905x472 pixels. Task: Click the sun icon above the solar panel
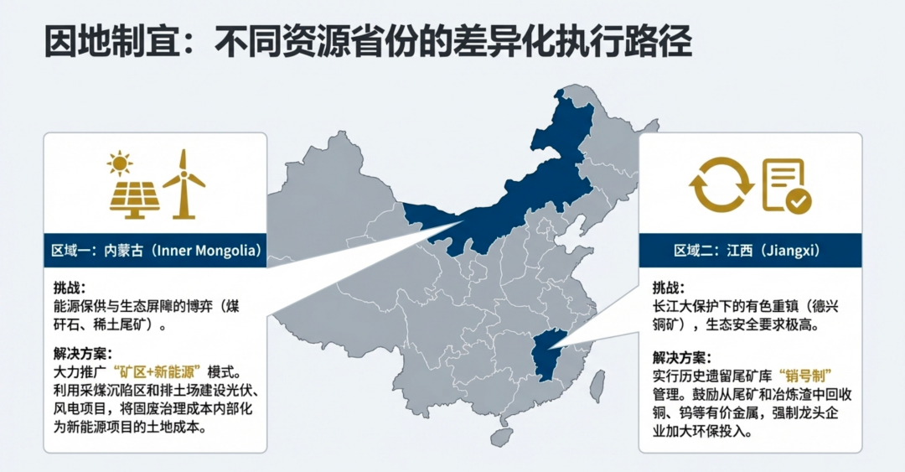click(x=120, y=162)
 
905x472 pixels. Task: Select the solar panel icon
click(x=135, y=197)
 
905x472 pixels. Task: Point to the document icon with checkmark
click(x=785, y=185)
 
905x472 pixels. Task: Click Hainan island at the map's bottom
click(x=501, y=437)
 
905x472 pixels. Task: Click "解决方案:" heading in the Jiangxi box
click(x=682, y=356)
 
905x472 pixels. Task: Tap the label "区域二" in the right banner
click(x=693, y=251)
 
